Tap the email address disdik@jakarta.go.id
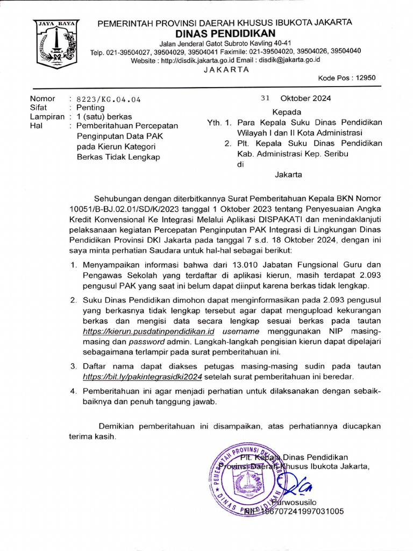(x=290, y=60)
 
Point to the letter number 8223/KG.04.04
(x=109, y=99)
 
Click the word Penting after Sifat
(x=90, y=108)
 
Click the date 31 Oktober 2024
(x=296, y=98)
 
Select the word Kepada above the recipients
(x=287, y=112)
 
